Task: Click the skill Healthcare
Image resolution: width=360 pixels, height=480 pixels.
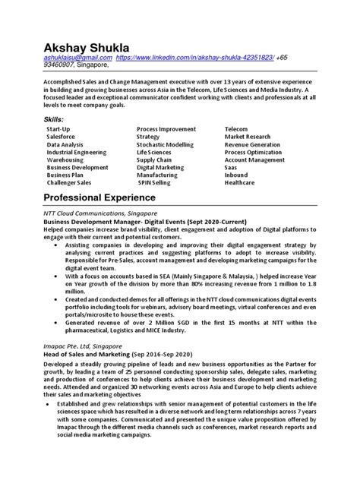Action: click(x=239, y=182)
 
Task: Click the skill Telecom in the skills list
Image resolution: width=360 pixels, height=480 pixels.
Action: click(x=236, y=129)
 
